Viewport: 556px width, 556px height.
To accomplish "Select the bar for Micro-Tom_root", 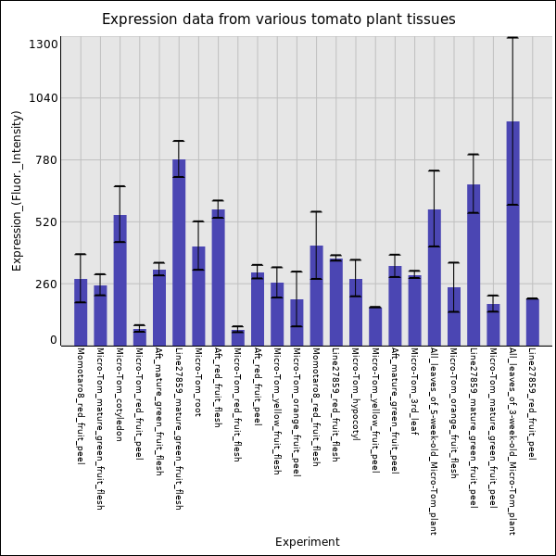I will [198, 296].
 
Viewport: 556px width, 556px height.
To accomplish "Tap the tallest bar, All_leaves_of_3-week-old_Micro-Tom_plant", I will [512, 233].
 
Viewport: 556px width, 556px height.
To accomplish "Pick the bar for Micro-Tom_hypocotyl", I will [355, 311].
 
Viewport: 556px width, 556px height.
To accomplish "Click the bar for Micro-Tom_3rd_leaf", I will [414, 310].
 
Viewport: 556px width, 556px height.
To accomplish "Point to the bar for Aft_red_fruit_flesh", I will [218, 277].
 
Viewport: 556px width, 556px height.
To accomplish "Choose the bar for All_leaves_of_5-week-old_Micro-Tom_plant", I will [434, 277].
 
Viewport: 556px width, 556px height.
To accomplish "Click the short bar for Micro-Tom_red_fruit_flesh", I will [237, 337].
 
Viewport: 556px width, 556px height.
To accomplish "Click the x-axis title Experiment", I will [307, 542].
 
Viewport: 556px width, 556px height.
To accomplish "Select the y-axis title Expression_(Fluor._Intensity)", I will [17, 190].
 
